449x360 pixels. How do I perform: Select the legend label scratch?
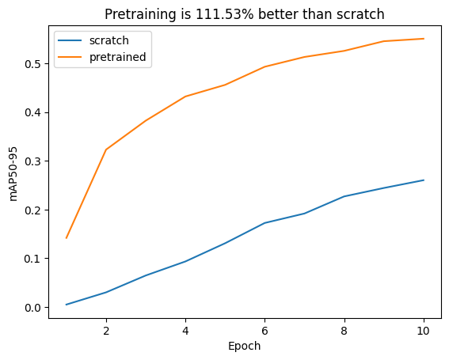(x=108, y=40)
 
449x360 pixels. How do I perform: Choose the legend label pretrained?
(x=117, y=57)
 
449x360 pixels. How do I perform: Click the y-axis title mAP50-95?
(x=13, y=172)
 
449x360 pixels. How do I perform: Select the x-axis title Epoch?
(x=244, y=346)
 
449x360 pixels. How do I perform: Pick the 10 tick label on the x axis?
(x=424, y=330)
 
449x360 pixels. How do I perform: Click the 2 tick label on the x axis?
(x=106, y=330)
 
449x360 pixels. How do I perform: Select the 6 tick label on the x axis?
(x=264, y=330)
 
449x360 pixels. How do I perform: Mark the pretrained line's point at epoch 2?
(x=106, y=150)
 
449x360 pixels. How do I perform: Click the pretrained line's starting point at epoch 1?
(x=67, y=237)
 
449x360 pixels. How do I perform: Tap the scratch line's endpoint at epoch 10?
(x=424, y=180)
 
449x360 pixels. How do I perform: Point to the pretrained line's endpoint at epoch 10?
(x=424, y=39)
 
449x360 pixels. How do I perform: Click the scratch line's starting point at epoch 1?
(x=67, y=305)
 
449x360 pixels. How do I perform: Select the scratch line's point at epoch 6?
(x=264, y=223)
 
